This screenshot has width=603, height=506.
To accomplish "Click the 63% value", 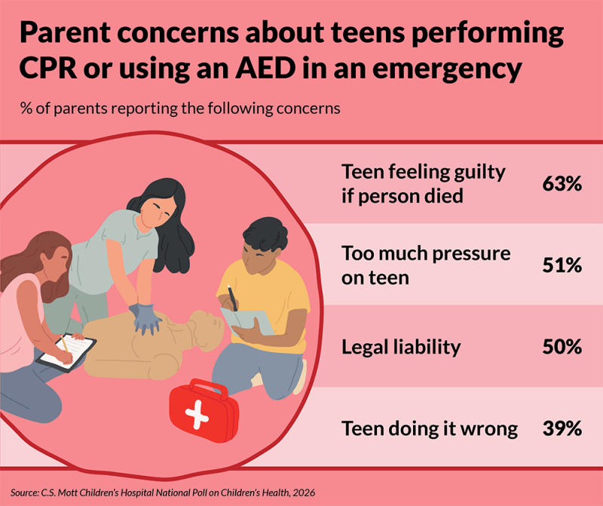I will point(562,183).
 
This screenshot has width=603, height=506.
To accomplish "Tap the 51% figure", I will point(562,265).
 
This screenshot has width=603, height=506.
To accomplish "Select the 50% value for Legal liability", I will point(562,347).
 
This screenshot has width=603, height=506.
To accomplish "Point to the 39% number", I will point(562,428).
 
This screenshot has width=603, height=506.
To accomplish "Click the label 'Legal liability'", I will point(400,347).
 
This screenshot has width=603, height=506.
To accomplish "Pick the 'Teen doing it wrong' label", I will point(430,428).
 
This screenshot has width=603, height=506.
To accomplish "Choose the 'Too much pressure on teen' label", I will point(426,265).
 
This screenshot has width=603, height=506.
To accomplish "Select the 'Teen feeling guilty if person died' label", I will point(423,183).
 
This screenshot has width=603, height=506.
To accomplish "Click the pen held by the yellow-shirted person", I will point(233,298).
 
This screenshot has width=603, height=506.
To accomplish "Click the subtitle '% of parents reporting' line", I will point(180,107).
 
